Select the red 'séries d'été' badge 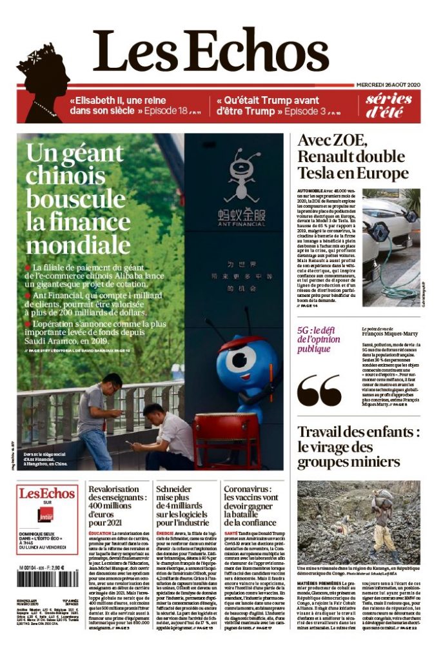tap(389, 105)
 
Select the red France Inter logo tap(45, 516)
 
